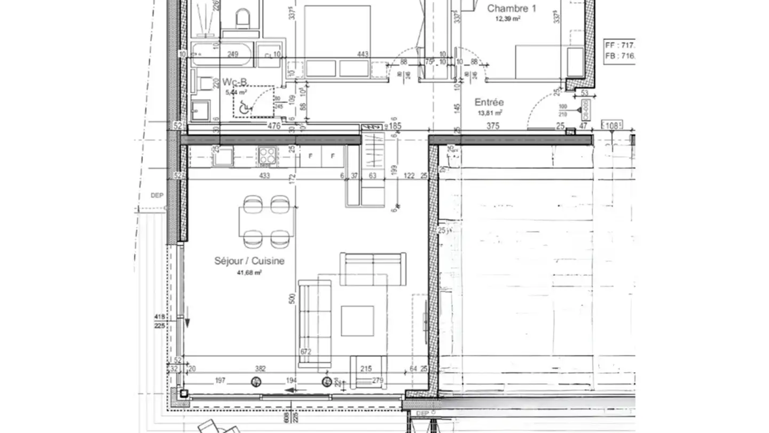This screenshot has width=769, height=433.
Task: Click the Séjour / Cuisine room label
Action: (x=249, y=261)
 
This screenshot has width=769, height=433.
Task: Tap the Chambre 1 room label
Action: (x=511, y=8)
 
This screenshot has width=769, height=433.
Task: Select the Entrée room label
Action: (x=489, y=102)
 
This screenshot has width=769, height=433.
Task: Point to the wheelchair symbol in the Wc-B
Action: (x=244, y=107)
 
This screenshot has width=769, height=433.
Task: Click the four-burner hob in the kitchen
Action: (x=267, y=156)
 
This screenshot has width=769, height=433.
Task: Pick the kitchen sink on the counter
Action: (x=224, y=157)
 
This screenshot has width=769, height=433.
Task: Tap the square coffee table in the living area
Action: (x=357, y=321)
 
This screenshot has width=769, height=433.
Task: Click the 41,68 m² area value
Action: (x=249, y=273)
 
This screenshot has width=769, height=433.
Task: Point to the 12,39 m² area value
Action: (x=508, y=18)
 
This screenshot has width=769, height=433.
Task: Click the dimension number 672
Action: (x=306, y=352)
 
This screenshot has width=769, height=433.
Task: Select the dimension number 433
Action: (x=265, y=175)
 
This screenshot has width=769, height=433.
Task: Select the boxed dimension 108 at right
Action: (x=612, y=126)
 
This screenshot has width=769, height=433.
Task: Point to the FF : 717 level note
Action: (x=619, y=44)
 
